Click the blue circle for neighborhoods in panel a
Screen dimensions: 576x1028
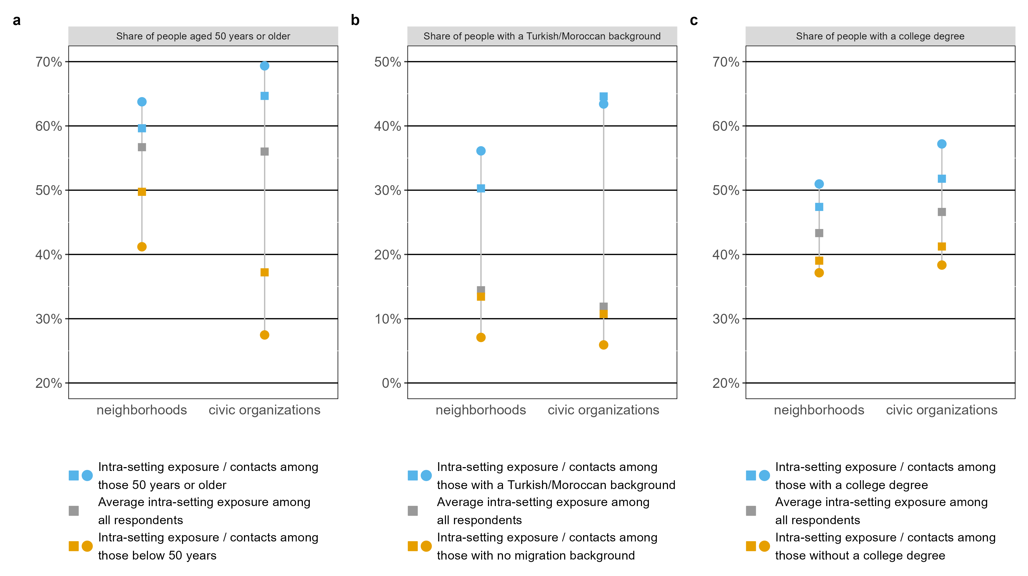click(x=142, y=102)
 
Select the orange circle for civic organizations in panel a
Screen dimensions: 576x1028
click(x=265, y=335)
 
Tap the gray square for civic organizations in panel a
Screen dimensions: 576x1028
click(x=265, y=152)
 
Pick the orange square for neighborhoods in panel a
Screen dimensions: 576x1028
click(x=142, y=192)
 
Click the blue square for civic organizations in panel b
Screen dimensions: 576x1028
click(x=603, y=97)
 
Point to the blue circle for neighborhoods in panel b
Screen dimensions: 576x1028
click(x=481, y=151)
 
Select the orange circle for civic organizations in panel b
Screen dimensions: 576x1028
click(x=603, y=345)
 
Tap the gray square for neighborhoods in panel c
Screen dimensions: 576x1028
click(x=819, y=233)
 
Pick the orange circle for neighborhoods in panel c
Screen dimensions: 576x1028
click(x=819, y=273)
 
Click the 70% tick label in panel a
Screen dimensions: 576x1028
click(x=49, y=62)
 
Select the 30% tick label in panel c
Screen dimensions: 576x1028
click(x=726, y=319)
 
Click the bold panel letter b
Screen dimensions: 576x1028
click(x=355, y=20)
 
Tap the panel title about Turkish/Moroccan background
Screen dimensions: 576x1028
click(x=542, y=36)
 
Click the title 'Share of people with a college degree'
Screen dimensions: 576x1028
click(x=880, y=36)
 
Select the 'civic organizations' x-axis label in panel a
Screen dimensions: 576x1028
click(x=264, y=410)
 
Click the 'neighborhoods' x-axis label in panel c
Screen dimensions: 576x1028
click(x=819, y=410)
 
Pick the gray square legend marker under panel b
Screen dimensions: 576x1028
click(x=413, y=510)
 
